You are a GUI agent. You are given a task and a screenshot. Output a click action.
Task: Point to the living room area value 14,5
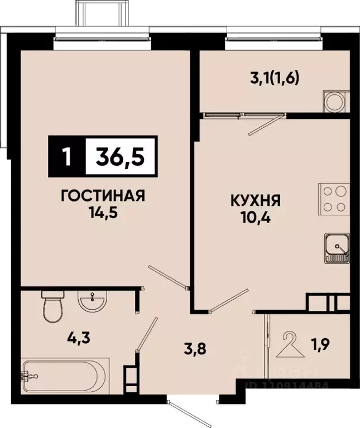tap(103, 213)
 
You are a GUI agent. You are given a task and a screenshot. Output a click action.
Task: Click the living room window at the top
tap(104, 40)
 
